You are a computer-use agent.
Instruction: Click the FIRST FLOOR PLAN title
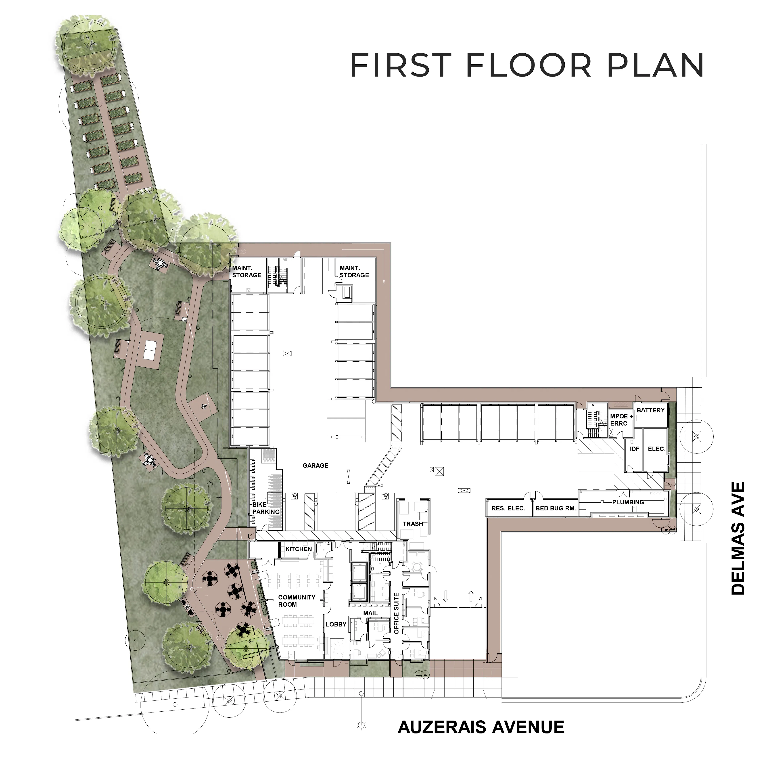pyautogui.click(x=527, y=65)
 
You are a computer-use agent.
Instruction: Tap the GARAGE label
pyautogui.click(x=315, y=466)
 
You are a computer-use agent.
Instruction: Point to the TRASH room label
pyautogui.click(x=413, y=524)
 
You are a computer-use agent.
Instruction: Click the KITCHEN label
pyautogui.click(x=299, y=549)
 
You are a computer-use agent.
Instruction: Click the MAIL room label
pyautogui.click(x=370, y=613)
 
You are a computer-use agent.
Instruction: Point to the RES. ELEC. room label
pyautogui.click(x=508, y=508)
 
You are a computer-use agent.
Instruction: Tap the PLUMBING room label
pyautogui.click(x=628, y=502)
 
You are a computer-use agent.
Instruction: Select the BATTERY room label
pyautogui.click(x=651, y=410)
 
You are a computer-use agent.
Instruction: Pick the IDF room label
pyautogui.click(x=634, y=449)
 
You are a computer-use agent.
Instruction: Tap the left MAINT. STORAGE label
pyautogui.click(x=247, y=272)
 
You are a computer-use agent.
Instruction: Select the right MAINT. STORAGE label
pyautogui.click(x=354, y=272)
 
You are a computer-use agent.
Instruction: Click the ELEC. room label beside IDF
pyautogui.click(x=657, y=449)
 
